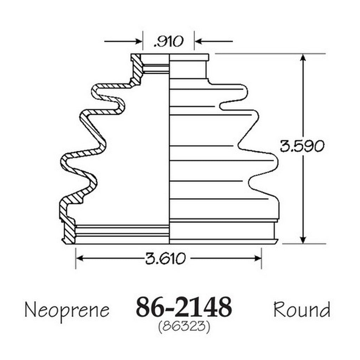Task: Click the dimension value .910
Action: click(168, 41)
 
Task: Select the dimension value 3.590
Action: click(302, 146)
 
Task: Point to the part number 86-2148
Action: click(184, 307)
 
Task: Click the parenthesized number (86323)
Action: click(184, 326)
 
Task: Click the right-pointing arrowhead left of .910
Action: click(139, 41)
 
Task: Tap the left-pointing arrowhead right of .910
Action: click(198, 41)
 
